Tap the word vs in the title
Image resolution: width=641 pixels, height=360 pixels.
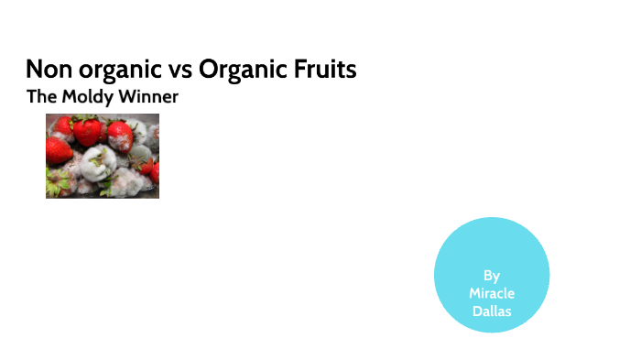(178, 71)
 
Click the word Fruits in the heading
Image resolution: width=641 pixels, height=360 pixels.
(325, 70)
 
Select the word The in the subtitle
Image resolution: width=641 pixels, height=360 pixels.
(41, 96)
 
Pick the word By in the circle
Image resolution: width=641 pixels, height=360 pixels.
(492, 275)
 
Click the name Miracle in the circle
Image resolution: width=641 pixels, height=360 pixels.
(492, 293)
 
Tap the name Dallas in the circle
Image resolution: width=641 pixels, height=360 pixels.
(492, 311)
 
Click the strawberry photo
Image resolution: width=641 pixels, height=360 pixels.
(103, 156)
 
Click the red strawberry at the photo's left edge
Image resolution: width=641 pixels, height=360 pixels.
(56, 149)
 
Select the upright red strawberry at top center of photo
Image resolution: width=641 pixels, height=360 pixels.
(88, 130)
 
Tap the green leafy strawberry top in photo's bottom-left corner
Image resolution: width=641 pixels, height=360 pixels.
(57, 187)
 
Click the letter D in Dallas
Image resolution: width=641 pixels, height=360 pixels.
(475, 311)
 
